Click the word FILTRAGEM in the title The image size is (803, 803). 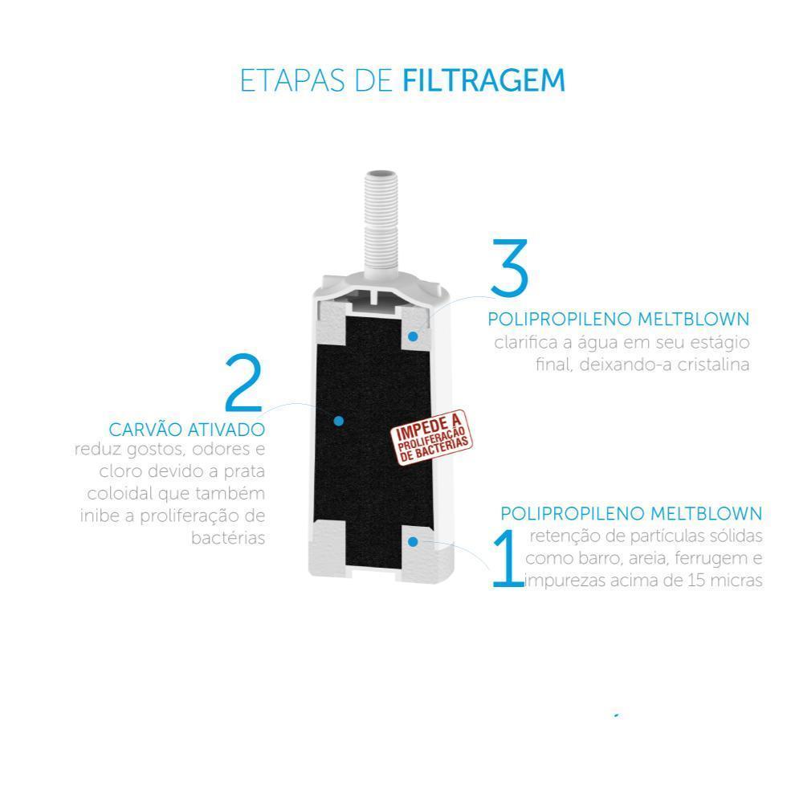coord(484,80)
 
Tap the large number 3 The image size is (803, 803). coord(508,267)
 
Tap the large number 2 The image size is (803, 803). coord(244,382)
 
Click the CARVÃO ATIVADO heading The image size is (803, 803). coord(187,429)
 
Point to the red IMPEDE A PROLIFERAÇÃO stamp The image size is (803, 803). coord(432,438)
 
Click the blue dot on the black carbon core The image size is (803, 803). coord(338,421)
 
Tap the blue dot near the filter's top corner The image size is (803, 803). coord(413,336)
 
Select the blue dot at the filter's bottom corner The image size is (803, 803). coord(413,541)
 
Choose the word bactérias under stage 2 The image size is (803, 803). coord(228,538)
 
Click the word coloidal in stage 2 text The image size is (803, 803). coord(120,494)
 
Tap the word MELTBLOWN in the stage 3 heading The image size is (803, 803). coord(694,319)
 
